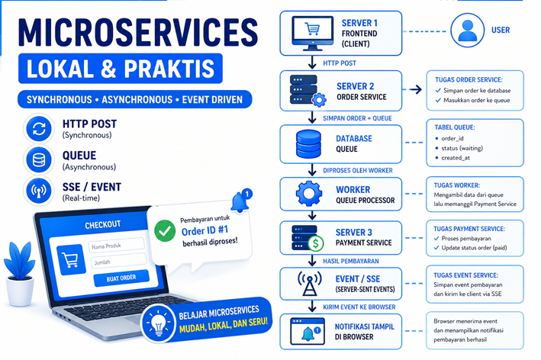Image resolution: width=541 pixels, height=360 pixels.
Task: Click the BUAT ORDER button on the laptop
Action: (x=117, y=278)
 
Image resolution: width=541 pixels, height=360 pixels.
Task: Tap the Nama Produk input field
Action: (x=115, y=245)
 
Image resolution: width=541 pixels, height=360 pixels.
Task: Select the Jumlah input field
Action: (x=115, y=261)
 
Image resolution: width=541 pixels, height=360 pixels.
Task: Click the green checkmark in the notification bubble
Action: (x=164, y=230)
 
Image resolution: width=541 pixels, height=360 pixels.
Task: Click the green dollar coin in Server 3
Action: (x=316, y=243)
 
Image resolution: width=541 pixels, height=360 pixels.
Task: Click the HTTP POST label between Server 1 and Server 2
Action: (x=340, y=63)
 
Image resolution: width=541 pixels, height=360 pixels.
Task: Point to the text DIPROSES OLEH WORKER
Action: (x=360, y=170)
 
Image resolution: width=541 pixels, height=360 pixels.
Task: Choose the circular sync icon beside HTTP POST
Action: (x=37, y=129)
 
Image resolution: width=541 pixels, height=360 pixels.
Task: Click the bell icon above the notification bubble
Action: (x=241, y=201)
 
